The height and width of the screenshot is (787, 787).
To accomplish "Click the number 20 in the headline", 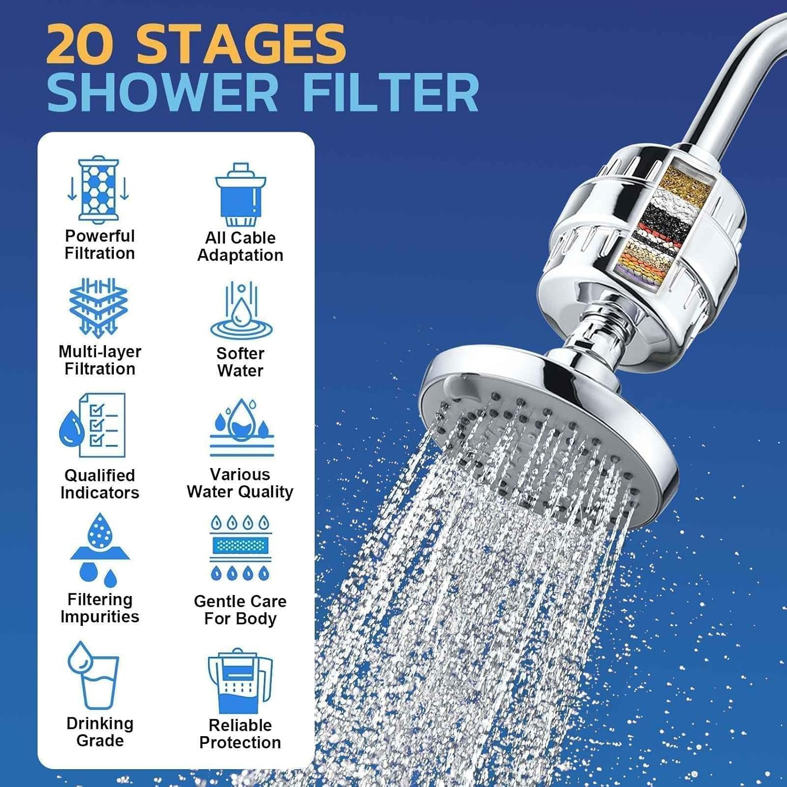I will [80, 45].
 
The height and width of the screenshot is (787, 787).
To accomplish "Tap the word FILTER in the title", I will [391, 93].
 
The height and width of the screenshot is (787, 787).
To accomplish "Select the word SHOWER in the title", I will [163, 93].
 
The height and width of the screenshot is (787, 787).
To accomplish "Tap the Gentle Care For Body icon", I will [240, 548].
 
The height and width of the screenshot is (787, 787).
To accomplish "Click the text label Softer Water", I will [240, 362].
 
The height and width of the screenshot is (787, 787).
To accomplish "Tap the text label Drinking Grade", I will [100, 732].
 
